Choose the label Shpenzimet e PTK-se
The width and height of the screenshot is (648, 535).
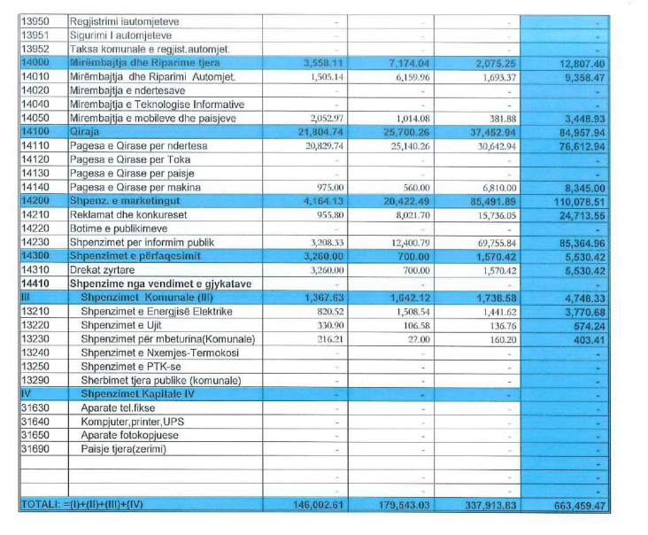128,367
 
